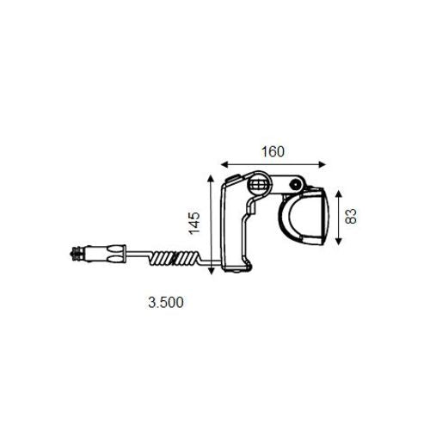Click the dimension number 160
(x=272, y=151)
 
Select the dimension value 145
(x=194, y=223)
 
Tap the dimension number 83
(x=350, y=215)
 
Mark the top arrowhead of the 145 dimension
(x=211, y=176)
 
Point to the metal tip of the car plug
(x=74, y=254)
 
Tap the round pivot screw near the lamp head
(x=294, y=184)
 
